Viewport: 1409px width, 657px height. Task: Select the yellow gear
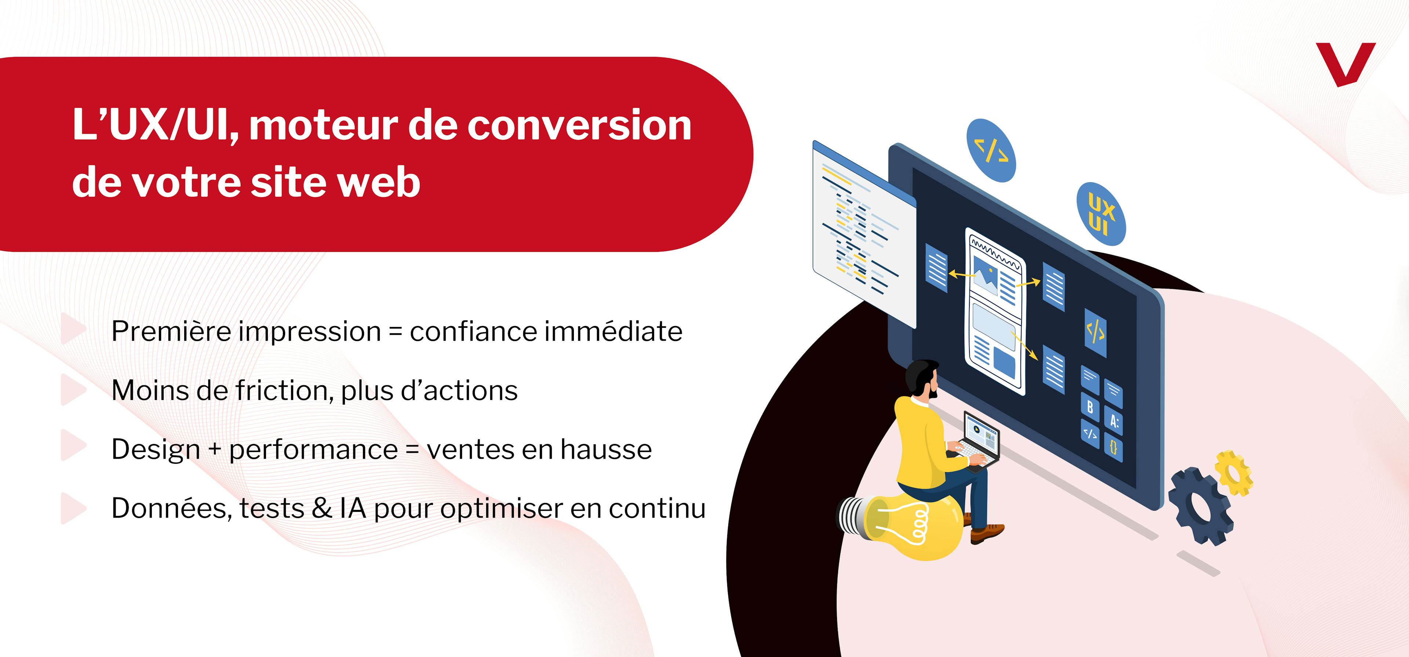pos(1233,473)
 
